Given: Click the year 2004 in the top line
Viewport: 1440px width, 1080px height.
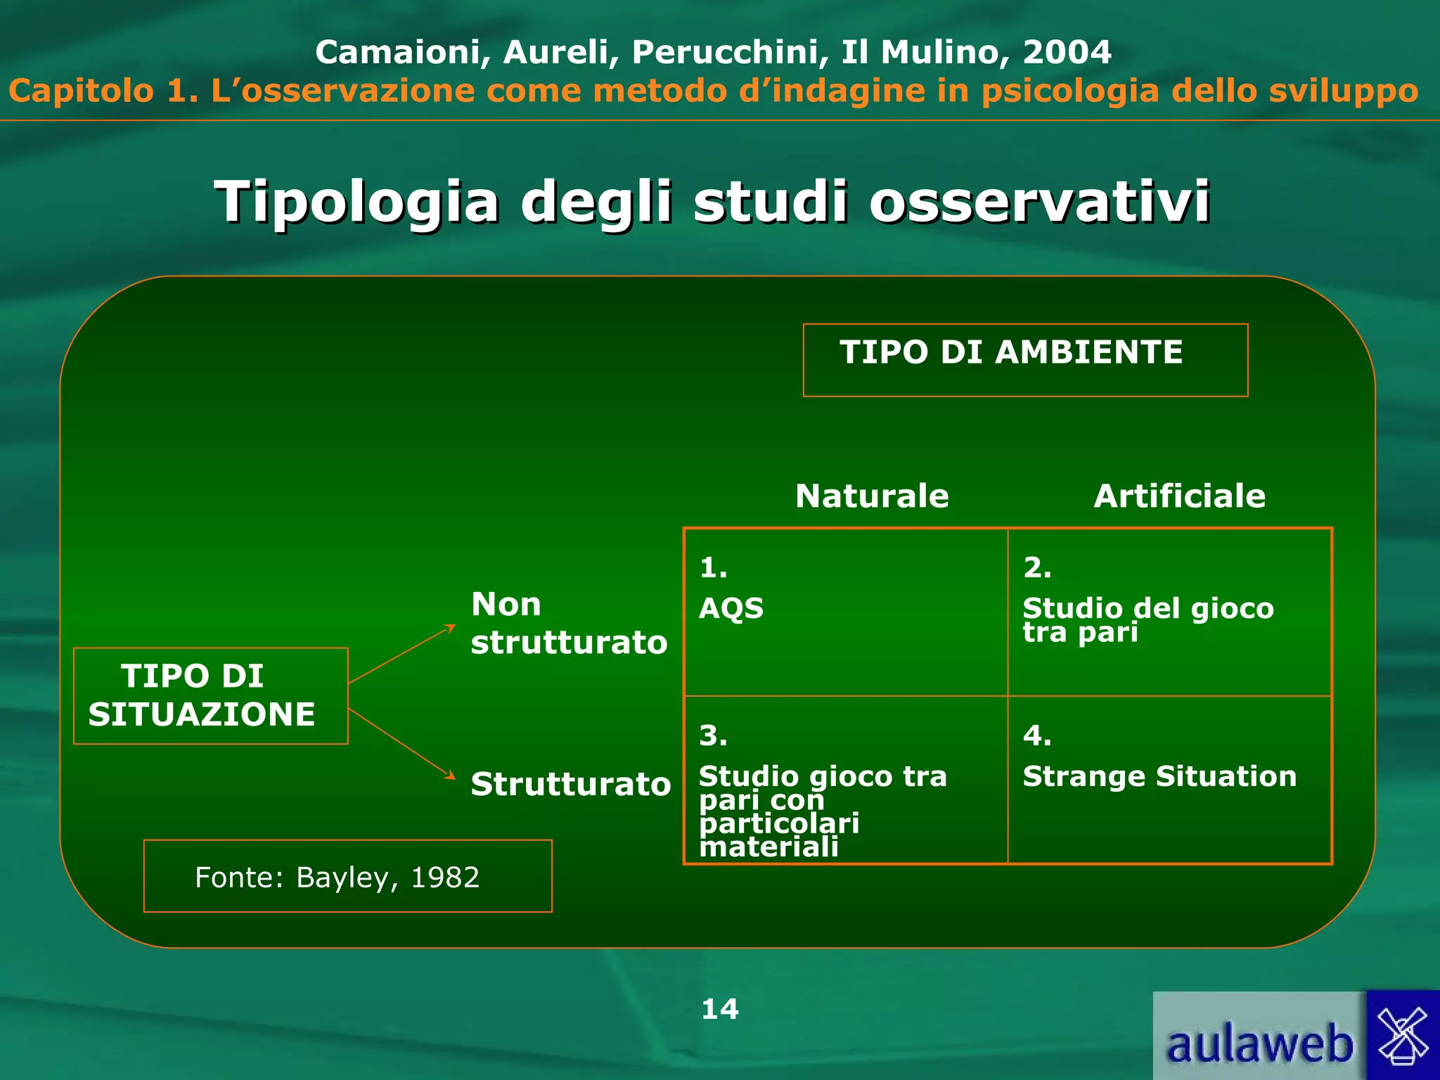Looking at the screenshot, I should (1067, 52).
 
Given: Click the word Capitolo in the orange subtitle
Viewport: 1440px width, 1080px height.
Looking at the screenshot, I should (82, 91).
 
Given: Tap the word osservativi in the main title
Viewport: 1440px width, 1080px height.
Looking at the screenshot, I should (1039, 202).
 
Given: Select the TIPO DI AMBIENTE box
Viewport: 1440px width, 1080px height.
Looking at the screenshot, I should (1024, 360).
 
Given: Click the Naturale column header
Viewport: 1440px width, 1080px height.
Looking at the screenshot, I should (872, 496).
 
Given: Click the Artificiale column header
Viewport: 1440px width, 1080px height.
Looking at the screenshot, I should (1179, 496).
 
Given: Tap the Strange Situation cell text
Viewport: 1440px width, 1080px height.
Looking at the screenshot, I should (1159, 777).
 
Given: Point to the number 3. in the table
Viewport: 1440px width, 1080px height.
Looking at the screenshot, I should (712, 736).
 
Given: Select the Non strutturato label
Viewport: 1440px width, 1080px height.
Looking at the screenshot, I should (567, 624).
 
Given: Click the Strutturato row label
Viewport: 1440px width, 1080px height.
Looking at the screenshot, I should (570, 785).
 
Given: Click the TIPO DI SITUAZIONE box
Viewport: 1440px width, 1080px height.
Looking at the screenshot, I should (210, 695).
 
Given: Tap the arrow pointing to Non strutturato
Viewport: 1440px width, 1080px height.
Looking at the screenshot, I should (401, 654).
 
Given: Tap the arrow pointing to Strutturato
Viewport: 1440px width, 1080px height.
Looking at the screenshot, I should (401, 743).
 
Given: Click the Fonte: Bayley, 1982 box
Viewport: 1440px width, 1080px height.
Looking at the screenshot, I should (347, 876).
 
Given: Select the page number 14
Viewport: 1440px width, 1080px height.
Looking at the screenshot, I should (719, 1010).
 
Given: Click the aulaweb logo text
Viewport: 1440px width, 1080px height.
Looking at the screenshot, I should (1259, 1044).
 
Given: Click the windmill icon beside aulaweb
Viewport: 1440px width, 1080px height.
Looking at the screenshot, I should (1403, 1035).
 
